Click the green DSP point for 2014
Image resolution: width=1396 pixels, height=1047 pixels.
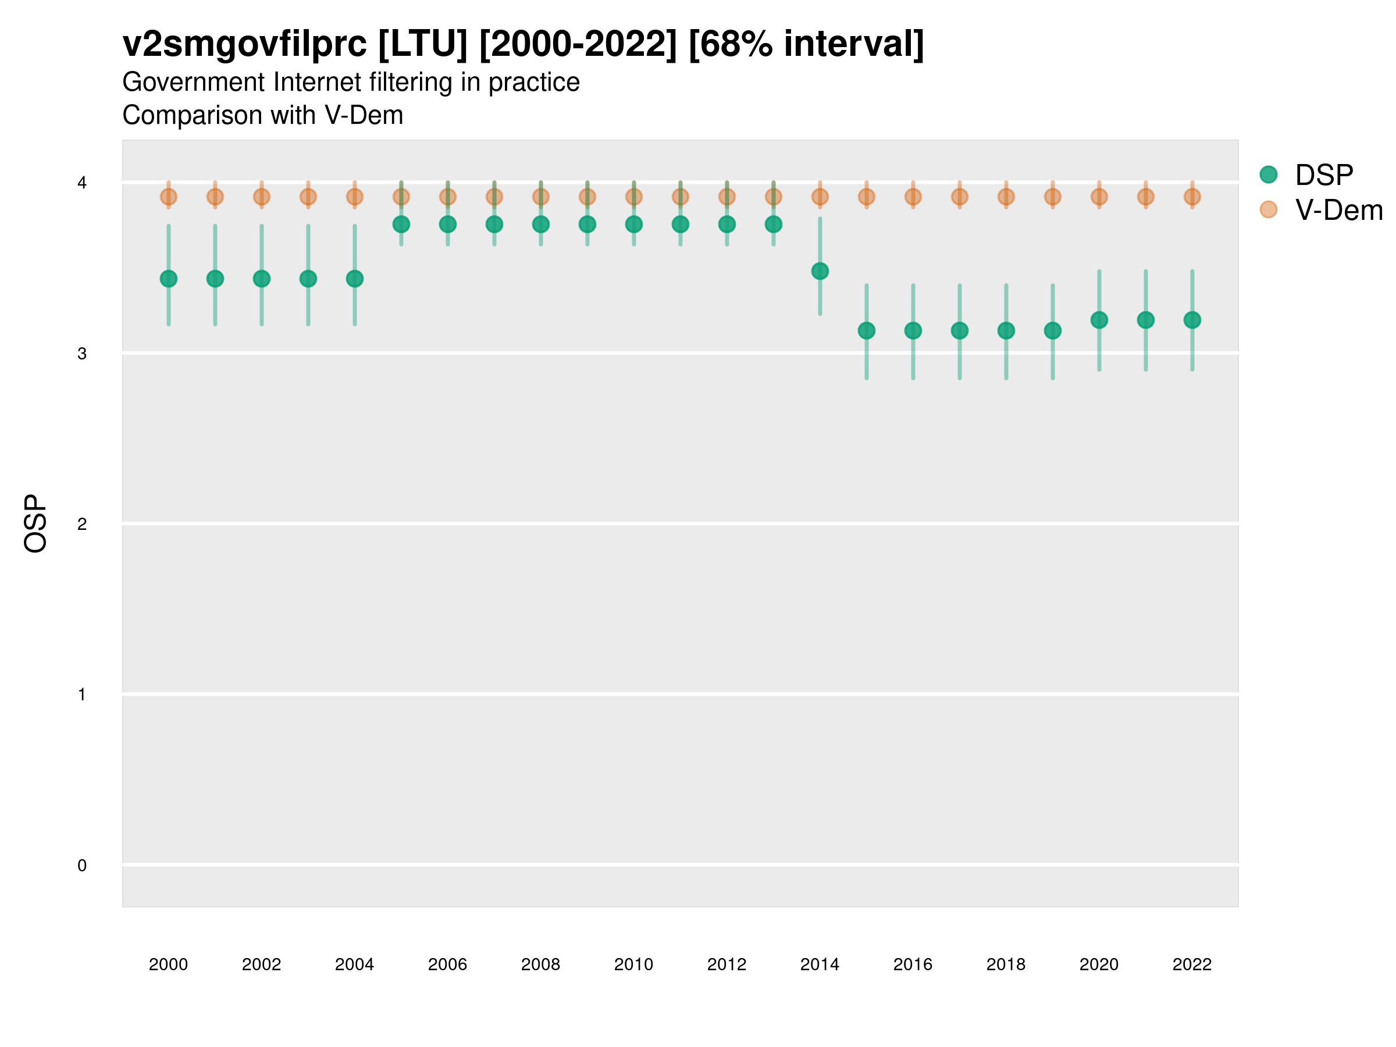click(820, 272)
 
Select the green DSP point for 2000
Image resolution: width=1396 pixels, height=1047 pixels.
click(169, 279)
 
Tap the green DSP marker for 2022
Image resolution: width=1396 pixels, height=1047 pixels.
click(1192, 320)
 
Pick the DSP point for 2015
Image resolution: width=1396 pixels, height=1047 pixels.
click(867, 331)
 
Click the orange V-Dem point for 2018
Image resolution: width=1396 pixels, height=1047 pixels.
click(1006, 197)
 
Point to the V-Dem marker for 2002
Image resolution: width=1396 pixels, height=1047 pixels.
click(261, 197)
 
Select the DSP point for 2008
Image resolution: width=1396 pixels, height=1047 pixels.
click(541, 224)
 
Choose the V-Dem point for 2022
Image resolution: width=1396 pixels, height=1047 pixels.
click(1192, 197)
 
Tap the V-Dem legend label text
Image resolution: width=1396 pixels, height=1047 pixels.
click(1338, 210)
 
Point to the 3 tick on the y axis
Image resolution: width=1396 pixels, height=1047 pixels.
click(82, 354)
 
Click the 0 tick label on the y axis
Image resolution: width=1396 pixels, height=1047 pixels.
click(82, 866)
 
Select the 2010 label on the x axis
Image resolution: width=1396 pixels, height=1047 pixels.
click(633, 964)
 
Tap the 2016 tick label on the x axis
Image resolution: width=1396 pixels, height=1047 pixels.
click(913, 964)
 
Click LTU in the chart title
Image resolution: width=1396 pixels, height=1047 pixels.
click(423, 44)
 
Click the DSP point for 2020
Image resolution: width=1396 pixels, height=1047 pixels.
click(1099, 320)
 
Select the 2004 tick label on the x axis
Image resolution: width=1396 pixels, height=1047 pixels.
click(354, 964)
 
